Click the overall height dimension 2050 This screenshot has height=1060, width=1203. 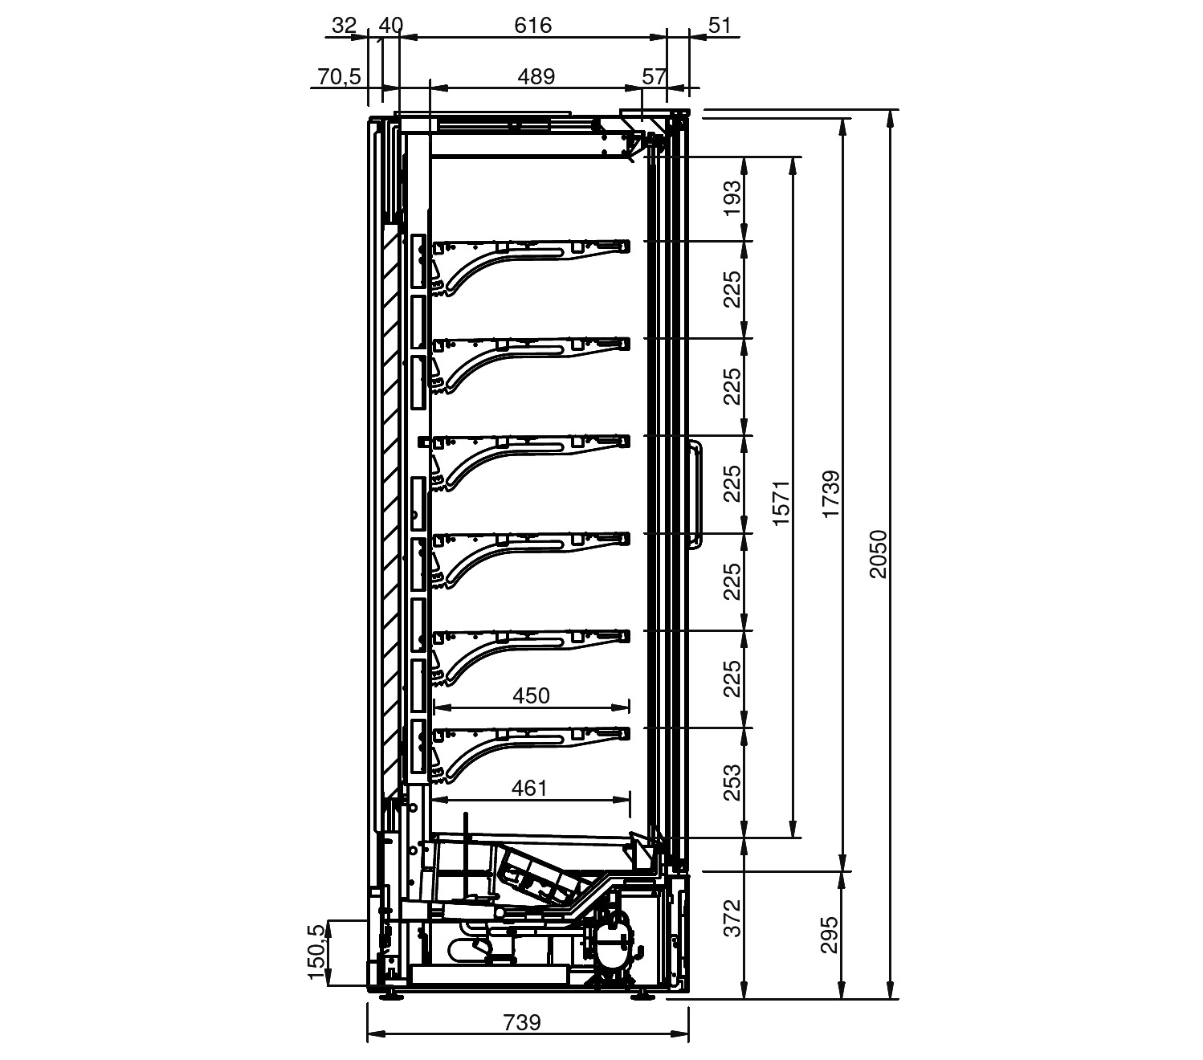[878, 554]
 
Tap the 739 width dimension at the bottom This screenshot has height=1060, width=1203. [522, 1022]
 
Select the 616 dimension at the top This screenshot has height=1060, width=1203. [532, 26]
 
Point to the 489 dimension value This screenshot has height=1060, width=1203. [536, 76]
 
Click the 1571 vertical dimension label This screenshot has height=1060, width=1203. [781, 503]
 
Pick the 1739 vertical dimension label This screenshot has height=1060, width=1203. [830, 494]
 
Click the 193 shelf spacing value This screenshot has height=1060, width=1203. [732, 198]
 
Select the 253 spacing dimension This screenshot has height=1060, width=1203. [732, 783]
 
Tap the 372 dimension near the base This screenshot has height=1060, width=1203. [732, 918]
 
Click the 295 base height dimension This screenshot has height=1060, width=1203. [829, 935]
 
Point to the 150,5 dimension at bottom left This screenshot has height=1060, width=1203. [316, 952]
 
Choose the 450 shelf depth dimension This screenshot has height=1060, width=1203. [531, 695]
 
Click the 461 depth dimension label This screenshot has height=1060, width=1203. [528, 788]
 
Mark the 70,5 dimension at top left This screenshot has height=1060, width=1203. [339, 76]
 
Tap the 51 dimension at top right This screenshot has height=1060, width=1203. [719, 26]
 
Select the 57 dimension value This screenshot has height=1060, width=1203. [655, 76]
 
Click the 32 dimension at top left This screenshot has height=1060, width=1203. [344, 26]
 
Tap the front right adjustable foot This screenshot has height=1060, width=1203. [643, 996]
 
